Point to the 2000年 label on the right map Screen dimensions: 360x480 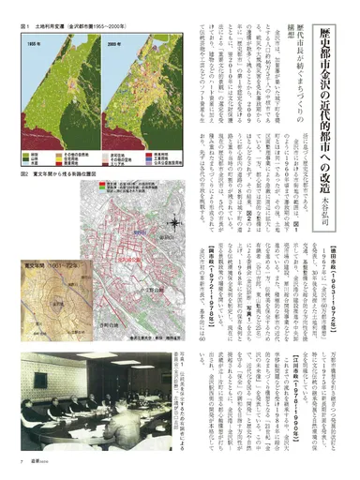coord(116,44)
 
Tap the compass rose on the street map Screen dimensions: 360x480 coord(174,221)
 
